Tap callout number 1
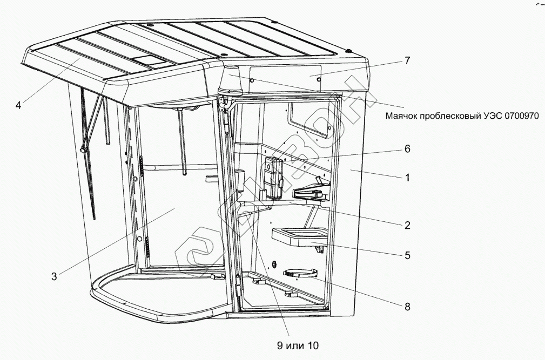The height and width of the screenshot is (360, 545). [x=408, y=176]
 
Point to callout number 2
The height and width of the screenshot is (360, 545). [x=408, y=225]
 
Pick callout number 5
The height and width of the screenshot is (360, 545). [x=408, y=254]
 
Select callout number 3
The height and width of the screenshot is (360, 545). [x=54, y=277]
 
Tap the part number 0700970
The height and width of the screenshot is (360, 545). [x=521, y=116]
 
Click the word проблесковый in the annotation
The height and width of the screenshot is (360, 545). [x=453, y=116]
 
